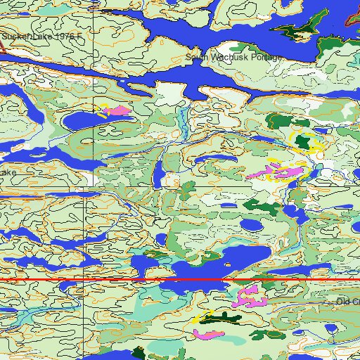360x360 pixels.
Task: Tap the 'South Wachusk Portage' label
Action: pyautogui.click(x=233, y=57)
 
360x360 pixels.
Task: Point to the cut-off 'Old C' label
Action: pyautogui.click(x=347, y=302)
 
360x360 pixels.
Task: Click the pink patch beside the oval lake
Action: pyautogui.click(x=119, y=111)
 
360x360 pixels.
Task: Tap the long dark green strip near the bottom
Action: pyautogui.click(x=220, y=318)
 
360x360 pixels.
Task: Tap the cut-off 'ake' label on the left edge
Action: pyautogui.click(x=8, y=172)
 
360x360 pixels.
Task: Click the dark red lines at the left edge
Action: pyautogui.click(x=3, y=47)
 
